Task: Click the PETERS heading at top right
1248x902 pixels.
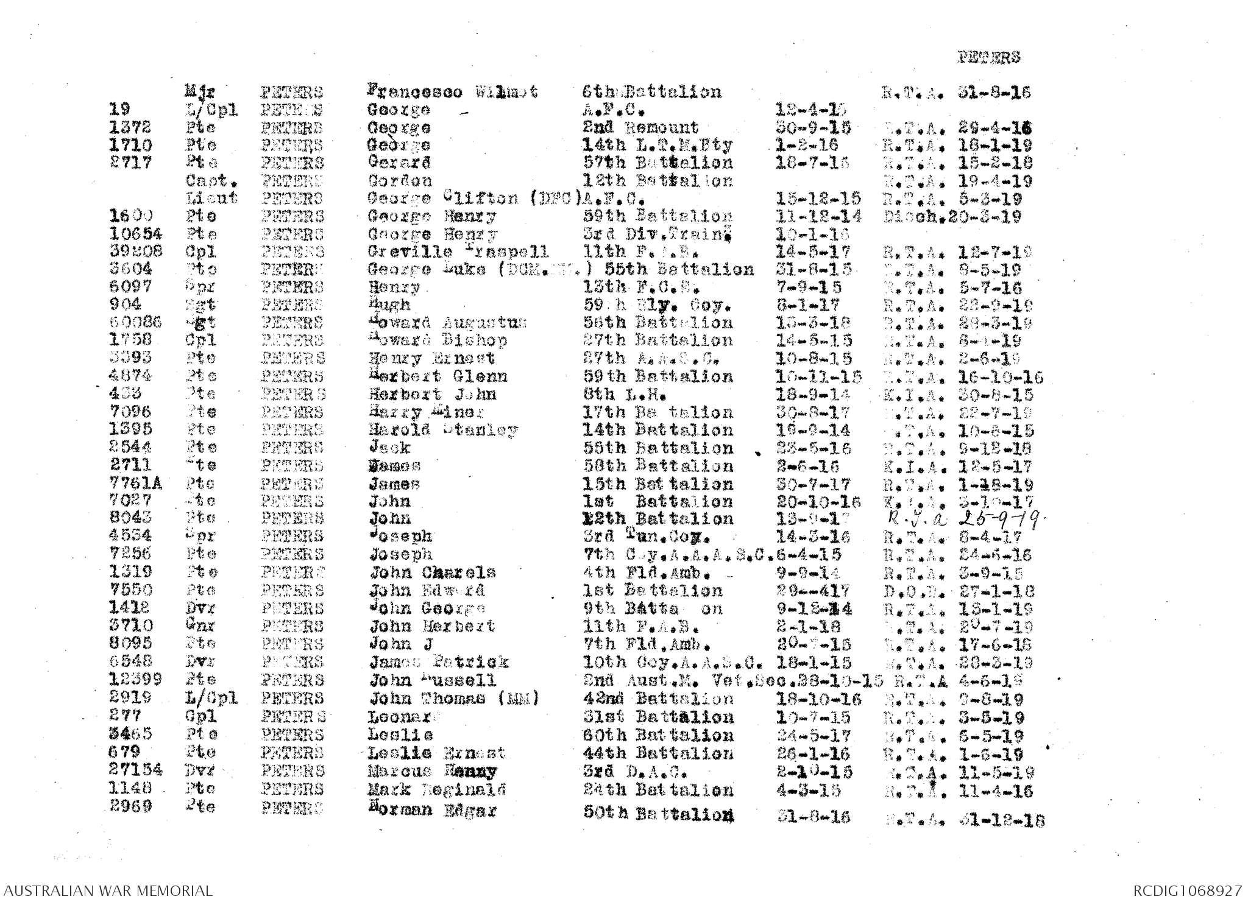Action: pos(988,58)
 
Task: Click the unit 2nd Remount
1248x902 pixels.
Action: pos(640,128)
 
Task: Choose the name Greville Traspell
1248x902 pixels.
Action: pos(458,252)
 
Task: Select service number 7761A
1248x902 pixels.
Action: pos(136,484)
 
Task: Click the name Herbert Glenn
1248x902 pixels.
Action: pos(438,376)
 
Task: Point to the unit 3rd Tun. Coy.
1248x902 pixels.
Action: pos(647,537)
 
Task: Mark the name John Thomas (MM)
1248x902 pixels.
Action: pos(454,699)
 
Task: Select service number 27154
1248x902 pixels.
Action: pos(136,770)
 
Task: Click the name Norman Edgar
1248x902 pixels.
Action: pos(433,811)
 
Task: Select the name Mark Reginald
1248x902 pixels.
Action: pos(437,790)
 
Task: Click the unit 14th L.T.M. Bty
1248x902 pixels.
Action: pos(658,146)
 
